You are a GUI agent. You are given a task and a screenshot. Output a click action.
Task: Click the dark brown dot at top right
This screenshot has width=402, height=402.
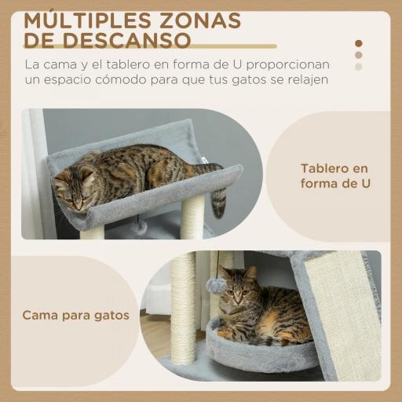coord(359,44)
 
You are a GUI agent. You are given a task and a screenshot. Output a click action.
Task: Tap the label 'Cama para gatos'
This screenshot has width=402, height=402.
coord(75,316)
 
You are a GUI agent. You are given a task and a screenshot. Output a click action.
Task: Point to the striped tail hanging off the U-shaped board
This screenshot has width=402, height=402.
coord(218,199)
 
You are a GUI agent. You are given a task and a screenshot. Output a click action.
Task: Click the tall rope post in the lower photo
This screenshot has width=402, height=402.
coord(184,310)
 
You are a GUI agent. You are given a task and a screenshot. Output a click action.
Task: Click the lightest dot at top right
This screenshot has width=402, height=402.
coord(359,67)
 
